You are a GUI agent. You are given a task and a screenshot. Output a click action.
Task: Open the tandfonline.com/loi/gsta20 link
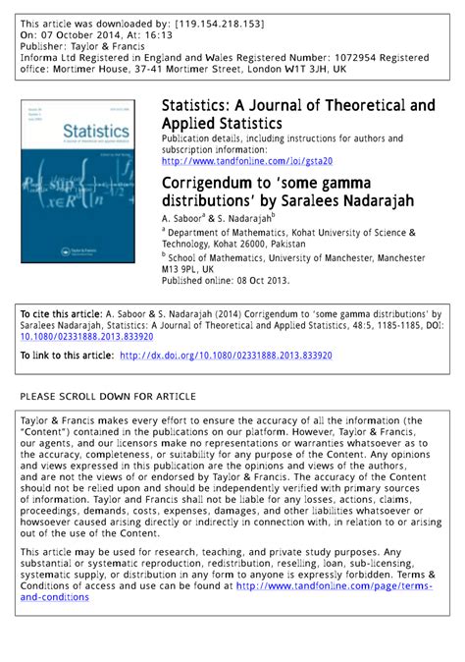click(246, 159)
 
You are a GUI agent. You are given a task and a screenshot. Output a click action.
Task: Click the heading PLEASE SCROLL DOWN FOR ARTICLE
click(108, 396)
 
